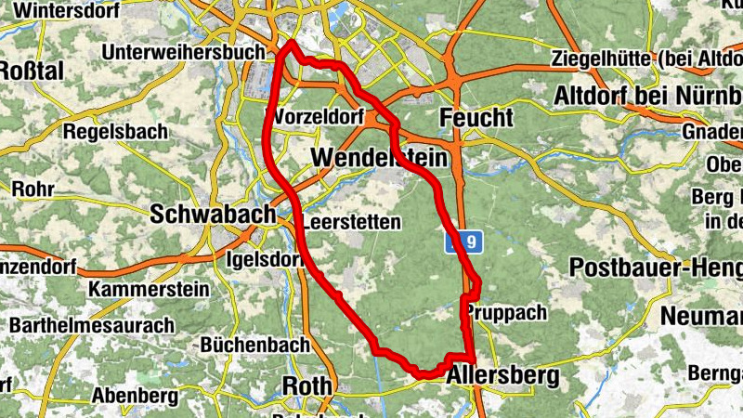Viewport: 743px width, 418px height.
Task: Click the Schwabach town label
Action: [x=213, y=213]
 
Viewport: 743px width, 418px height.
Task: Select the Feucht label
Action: [x=476, y=119]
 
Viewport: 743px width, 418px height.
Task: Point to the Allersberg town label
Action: [x=503, y=376]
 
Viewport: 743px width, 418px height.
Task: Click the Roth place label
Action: [x=306, y=386]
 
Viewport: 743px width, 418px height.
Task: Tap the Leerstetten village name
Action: [x=352, y=222]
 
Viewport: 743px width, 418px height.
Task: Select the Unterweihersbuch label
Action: [x=186, y=52]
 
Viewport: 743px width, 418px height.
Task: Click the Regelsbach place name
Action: [x=115, y=132]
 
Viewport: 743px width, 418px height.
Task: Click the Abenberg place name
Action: [x=135, y=396]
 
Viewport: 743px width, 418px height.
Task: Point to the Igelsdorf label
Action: [x=266, y=259]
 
